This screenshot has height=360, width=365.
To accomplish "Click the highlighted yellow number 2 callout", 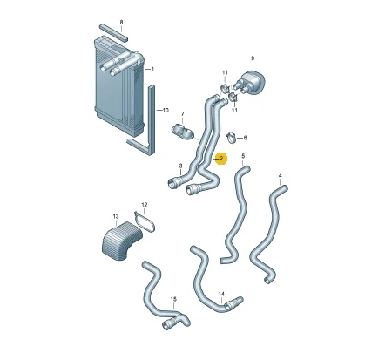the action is click(x=221, y=159).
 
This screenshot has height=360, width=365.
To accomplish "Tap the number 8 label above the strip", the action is click(x=121, y=22).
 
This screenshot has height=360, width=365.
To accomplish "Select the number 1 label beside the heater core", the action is click(x=152, y=69).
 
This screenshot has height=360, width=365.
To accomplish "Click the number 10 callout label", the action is click(x=166, y=111).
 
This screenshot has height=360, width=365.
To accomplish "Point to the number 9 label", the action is click(x=253, y=58).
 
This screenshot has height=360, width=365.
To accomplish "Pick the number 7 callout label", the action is click(x=182, y=113).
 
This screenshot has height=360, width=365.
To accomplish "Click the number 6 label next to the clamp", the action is click(x=245, y=138).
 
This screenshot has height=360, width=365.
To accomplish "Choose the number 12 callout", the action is click(x=145, y=205).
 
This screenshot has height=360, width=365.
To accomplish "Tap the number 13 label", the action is click(x=116, y=216).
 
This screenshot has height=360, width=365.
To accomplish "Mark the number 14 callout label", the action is click(x=221, y=295).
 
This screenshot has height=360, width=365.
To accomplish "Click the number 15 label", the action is click(x=173, y=299).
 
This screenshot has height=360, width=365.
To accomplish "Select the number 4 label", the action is click(x=280, y=176).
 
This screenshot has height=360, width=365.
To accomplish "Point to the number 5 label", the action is click(x=243, y=156).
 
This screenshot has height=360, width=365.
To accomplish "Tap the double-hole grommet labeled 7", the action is click(x=182, y=132).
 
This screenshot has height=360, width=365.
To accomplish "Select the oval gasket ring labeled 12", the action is click(x=145, y=222).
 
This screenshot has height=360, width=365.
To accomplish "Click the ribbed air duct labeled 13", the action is click(x=121, y=241).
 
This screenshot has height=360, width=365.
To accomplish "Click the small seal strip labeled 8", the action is click(x=113, y=32).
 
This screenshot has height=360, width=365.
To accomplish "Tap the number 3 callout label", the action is click(x=180, y=166).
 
